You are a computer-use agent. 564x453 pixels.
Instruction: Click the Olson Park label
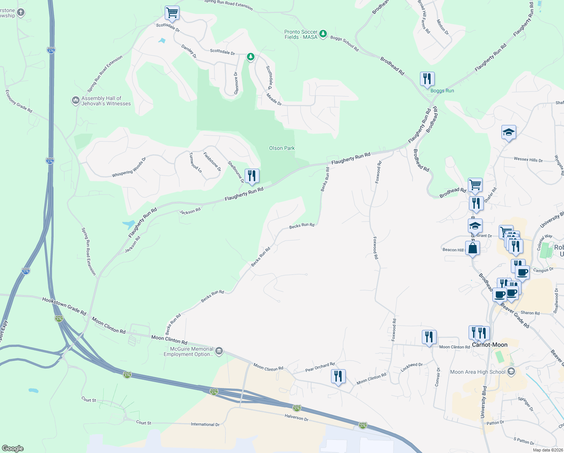click(x=282, y=148)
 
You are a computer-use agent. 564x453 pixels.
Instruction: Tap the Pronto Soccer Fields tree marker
click(x=323, y=34)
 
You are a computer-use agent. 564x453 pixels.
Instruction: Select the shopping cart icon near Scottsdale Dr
click(x=172, y=13)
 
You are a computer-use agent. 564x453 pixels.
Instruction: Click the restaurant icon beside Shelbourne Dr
click(x=252, y=176)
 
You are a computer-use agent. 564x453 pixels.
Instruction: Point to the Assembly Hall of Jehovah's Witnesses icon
click(x=75, y=101)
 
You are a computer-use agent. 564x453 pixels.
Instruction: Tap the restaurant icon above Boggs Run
click(x=427, y=79)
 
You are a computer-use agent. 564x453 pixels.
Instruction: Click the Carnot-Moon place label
click(x=490, y=345)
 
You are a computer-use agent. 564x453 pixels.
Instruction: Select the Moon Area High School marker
click(x=511, y=372)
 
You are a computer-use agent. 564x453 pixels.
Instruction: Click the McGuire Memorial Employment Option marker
click(x=219, y=351)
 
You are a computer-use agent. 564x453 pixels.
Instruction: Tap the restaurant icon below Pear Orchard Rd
click(x=338, y=376)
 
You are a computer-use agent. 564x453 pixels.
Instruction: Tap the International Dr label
click(x=205, y=424)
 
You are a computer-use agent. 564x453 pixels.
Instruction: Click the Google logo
click(x=12, y=448)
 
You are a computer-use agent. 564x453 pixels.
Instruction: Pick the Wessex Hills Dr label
click(x=528, y=160)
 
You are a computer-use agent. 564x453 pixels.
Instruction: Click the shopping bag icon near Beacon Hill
click(x=472, y=248)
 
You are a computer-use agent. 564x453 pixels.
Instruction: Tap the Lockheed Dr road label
click(x=412, y=367)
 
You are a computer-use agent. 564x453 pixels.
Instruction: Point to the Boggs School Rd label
click(x=344, y=43)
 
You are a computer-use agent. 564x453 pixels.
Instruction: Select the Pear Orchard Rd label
click(x=320, y=367)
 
